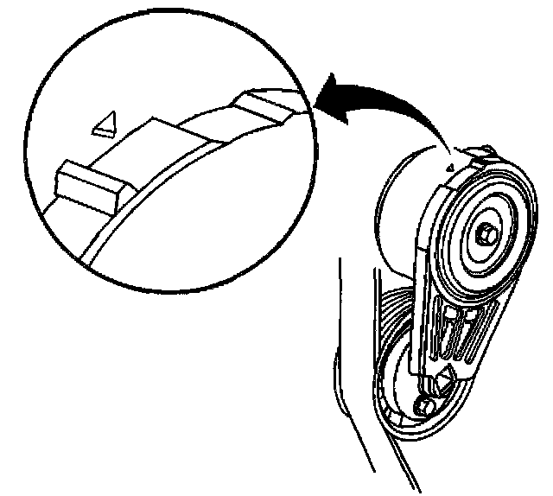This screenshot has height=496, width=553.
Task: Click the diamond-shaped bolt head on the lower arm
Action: click(447, 378)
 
